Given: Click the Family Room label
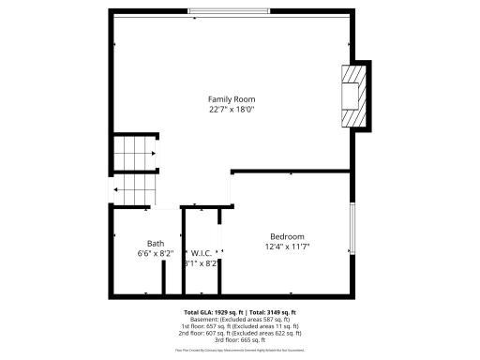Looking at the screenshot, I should point(232,98).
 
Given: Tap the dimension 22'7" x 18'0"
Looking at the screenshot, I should point(232,110).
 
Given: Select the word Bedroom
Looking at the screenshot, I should point(287,236).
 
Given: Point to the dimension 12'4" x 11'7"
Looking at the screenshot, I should point(287,247).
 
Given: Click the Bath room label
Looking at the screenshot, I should point(155,244).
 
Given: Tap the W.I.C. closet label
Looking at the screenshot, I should point(202,253).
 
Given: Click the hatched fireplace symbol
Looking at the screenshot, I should point(352,97).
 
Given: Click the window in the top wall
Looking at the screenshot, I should point(230,11).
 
